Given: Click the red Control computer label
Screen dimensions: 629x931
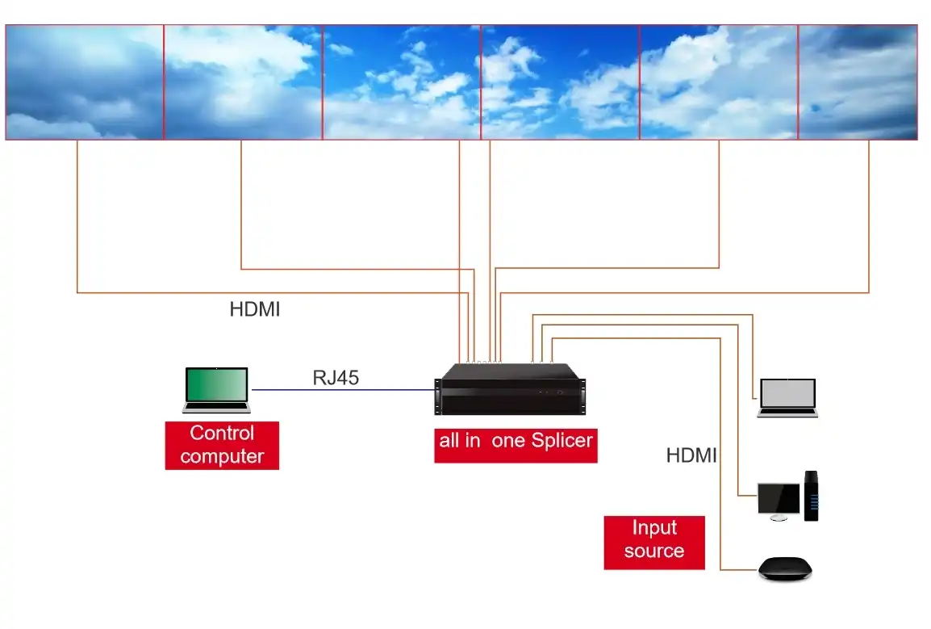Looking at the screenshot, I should pos(222,445).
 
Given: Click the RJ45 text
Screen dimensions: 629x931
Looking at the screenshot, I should pos(336,377).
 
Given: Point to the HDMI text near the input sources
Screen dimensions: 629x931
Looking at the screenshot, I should pos(691,455).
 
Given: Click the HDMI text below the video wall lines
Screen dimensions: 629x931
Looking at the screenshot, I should pos(255,309).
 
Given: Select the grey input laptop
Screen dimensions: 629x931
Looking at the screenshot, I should pos(787,397).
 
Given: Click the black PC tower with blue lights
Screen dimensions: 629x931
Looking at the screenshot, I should pos(812,495).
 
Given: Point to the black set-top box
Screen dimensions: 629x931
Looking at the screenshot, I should pos(785,569).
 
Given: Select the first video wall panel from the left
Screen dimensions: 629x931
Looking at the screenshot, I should pos(85,82).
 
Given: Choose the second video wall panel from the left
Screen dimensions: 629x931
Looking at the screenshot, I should pos(243,82).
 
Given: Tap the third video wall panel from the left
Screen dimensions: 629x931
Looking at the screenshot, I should pos(402,82).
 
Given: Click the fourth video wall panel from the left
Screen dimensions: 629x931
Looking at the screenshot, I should pos(560,82).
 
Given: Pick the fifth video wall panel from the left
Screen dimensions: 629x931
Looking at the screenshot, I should pos(719,82).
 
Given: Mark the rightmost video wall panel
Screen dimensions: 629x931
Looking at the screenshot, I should pos(858,82).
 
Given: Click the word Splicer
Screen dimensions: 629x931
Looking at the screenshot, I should pos(562,441).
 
